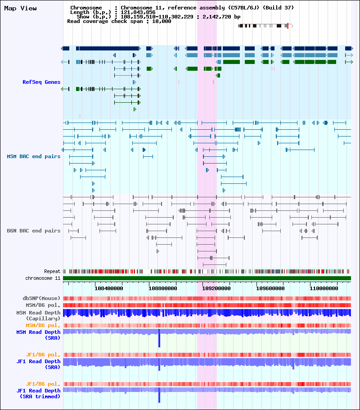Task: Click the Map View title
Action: pyautogui.click(x=20, y=9)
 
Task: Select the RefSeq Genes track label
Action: pyautogui.click(x=41, y=82)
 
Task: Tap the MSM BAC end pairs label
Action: pyautogui.click(x=34, y=156)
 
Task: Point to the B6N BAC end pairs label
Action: pyautogui.click(x=34, y=231)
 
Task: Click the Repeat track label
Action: pyautogui.click(x=52, y=272)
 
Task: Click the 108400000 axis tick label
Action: pyautogui.click(x=110, y=288)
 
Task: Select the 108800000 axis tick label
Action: pyautogui.click(x=163, y=288)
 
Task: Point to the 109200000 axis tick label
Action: pyautogui.click(x=216, y=288)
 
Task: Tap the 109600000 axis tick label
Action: pyautogui.click(x=270, y=288)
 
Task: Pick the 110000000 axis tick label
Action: pyautogui.click(x=324, y=288)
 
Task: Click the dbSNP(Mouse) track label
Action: pyautogui.click(x=42, y=298)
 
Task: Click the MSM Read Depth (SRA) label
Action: pyautogui.click(x=38, y=334)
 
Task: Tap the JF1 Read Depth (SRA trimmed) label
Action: pyautogui.click(x=38, y=393)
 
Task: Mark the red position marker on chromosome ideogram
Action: pyautogui.click(x=288, y=26)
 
